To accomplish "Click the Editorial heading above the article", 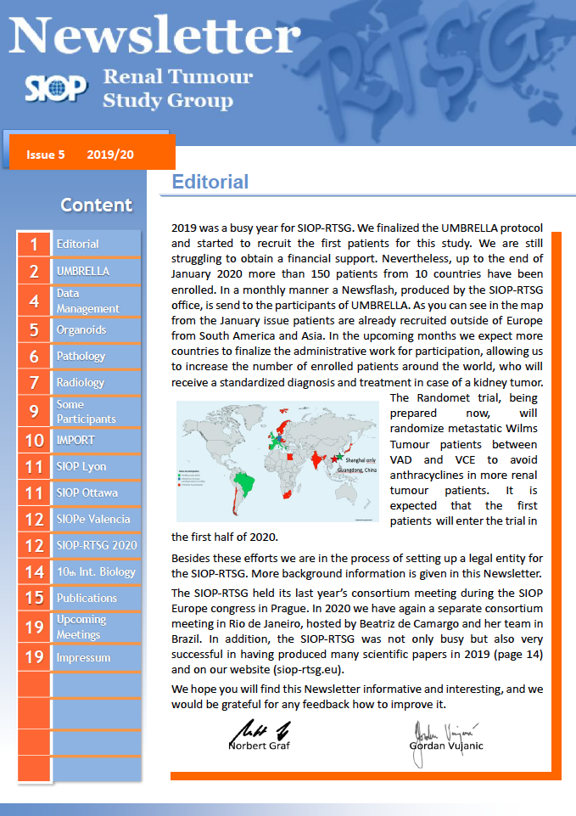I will (210, 182).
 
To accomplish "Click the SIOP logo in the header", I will (55, 87).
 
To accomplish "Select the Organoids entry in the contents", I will (81, 329).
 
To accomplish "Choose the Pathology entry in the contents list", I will (81, 356).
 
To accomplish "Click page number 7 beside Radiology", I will (34, 383).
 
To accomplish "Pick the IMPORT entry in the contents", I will (75, 440).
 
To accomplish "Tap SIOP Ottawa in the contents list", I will (87, 492).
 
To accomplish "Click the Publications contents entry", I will (87, 598).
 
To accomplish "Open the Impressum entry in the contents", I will (83, 657).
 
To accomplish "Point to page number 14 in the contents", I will (34, 572).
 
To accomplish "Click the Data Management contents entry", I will (87, 301).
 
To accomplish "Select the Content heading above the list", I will (97, 205).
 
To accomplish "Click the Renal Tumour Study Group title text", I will (177, 88).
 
